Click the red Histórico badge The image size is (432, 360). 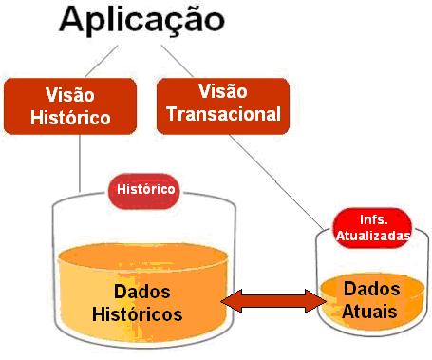[x=145, y=189]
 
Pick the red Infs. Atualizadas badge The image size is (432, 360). [x=372, y=226]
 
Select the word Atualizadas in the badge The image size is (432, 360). [x=372, y=234]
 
